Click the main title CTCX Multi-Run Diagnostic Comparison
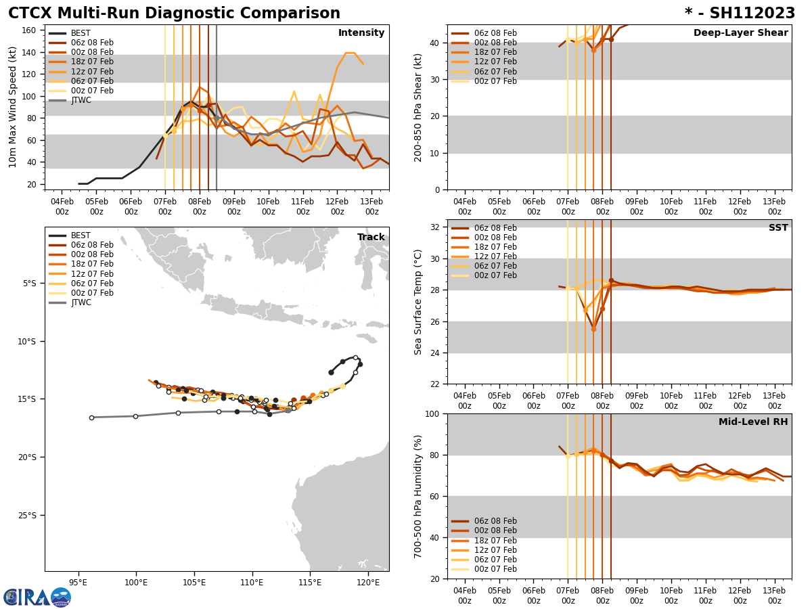click(x=174, y=14)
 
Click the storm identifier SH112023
click(x=740, y=14)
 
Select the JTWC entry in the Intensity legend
click(x=81, y=100)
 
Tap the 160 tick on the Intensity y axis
click(x=30, y=30)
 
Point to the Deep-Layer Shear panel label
click(x=740, y=33)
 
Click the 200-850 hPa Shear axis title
click(x=418, y=107)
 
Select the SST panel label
click(x=778, y=228)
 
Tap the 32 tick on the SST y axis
click(x=436, y=227)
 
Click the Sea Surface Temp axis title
click(x=418, y=302)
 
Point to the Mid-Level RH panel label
click(x=753, y=422)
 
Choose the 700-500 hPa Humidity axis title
click(x=418, y=496)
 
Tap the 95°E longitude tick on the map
click(x=78, y=582)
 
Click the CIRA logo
click(x=37, y=597)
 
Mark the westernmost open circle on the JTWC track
click(x=91, y=418)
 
